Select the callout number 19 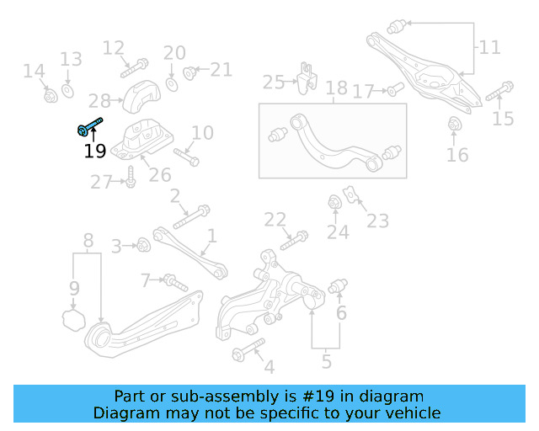click(94, 152)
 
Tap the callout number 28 click(99, 101)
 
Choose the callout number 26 click(160, 174)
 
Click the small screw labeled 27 click(131, 179)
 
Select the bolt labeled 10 click(186, 156)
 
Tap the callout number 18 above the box click(336, 88)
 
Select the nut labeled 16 click(456, 126)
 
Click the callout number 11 click(490, 47)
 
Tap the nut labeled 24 click(334, 204)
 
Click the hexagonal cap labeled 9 click(74, 318)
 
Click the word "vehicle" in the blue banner click(410, 412)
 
